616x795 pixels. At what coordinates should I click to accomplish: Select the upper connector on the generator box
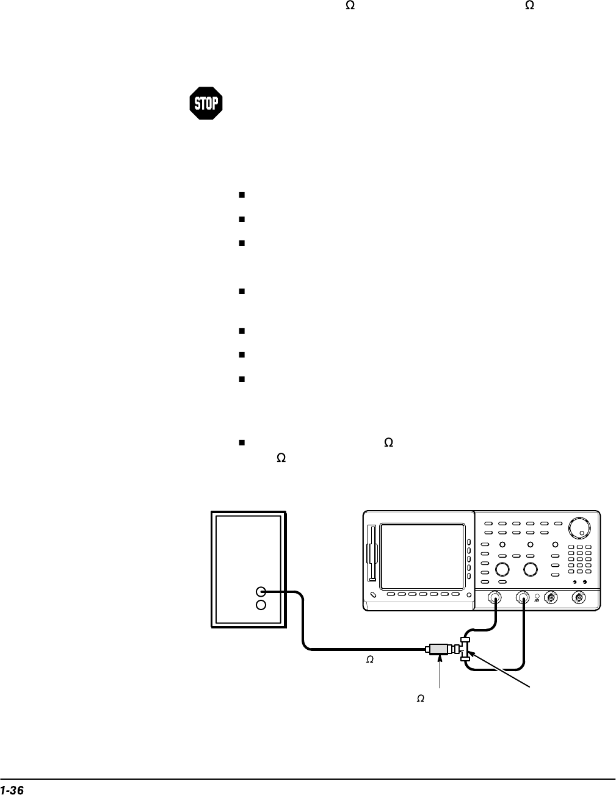pyautogui.click(x=261, y=591)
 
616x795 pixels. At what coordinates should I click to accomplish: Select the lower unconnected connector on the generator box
pyautogui.click(x=261, y=605)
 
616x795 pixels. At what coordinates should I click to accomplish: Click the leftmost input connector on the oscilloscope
pyautogui.click(x=495, y=598)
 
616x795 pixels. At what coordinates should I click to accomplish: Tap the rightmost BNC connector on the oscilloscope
pyautogui.click(x=578, y=598)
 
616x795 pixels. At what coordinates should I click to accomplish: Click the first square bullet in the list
pyautogui.click(x=242, y=195)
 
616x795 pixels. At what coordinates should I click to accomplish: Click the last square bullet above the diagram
pyautogui.click(x=242, y=442)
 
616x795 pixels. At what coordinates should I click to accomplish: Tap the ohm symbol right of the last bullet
pyautogui.click(x=386, y=442)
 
